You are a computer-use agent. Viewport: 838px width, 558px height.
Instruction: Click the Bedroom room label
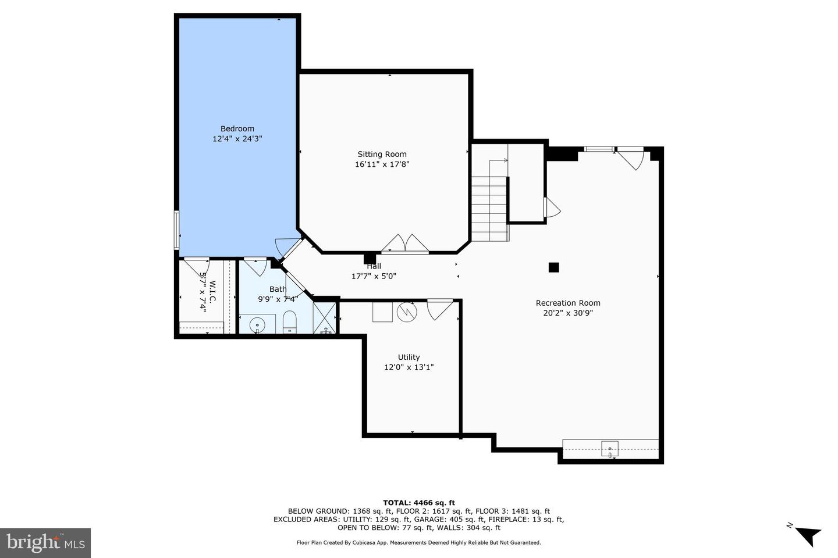point(237,129)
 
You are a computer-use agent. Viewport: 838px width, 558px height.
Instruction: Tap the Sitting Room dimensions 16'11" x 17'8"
point(382,164)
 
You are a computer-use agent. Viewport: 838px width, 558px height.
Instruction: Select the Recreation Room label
point(568,303)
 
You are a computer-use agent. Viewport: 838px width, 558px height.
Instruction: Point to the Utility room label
point(409,357)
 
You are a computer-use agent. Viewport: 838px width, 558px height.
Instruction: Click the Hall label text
point(374,267)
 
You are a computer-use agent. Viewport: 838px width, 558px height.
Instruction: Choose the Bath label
point(278,289)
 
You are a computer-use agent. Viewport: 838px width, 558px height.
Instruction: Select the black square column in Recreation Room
point(554,267)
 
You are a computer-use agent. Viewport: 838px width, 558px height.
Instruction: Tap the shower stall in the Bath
point(325,317)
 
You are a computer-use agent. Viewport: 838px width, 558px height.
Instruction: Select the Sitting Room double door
point(405,244)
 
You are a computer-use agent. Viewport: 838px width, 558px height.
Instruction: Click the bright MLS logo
point(45,543)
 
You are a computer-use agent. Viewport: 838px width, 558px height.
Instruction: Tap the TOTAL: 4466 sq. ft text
point(418,503)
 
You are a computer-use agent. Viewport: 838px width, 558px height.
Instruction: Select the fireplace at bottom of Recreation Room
point(610,449)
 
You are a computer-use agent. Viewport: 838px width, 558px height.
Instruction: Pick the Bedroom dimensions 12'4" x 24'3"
point(237,139)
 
